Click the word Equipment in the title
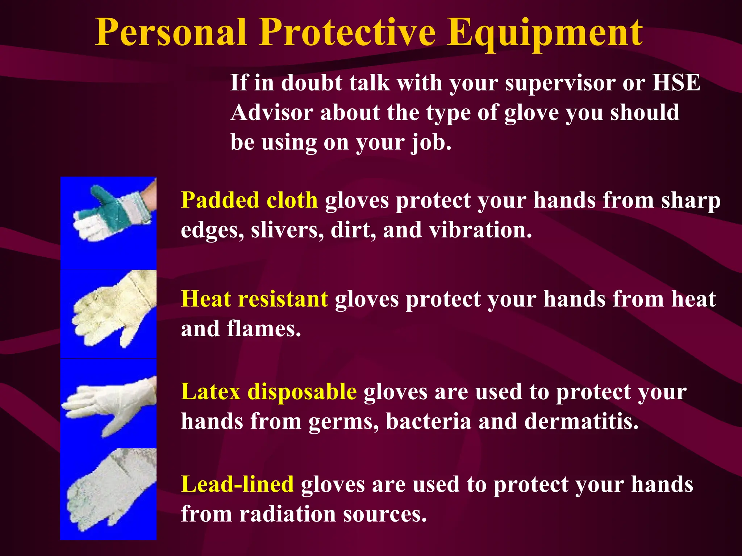(x=545, y=33)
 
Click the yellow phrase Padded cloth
(x=249, y=200)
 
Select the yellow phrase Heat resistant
(x=254, y=299)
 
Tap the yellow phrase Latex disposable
(x=269, y=392)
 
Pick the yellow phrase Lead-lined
(x=237, y=485)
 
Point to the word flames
(x=264, y=329)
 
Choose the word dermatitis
(x=581, y=422)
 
